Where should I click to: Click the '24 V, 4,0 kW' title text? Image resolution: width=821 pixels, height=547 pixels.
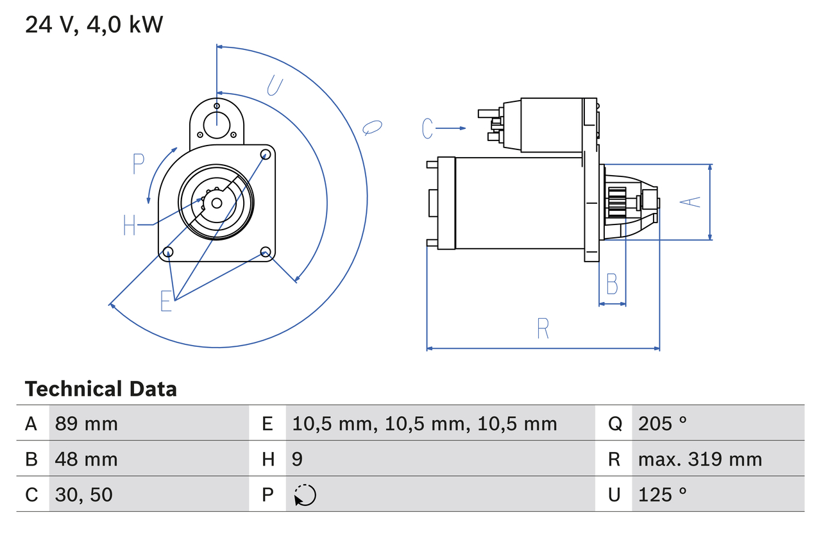(94, 25)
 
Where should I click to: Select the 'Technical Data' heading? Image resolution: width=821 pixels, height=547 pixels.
(101, 389)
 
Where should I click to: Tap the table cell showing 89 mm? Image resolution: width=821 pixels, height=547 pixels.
(86, 423)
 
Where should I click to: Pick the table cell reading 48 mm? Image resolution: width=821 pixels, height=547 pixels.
(86, 459)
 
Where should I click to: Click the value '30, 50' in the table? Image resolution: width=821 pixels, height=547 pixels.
(83, 494)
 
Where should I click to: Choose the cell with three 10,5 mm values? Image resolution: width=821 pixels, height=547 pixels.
(424, 423)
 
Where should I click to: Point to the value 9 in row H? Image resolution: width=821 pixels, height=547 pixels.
(298, 459)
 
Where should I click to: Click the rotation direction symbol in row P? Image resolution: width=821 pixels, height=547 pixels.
(305, 495)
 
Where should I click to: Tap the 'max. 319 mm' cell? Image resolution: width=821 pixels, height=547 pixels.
(700, 459)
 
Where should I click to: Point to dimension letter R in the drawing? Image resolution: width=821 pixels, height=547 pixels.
(543, 328)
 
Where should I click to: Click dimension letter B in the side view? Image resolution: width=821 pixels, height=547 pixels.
(612, 283)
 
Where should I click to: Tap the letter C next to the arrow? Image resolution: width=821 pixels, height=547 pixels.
(428, 128)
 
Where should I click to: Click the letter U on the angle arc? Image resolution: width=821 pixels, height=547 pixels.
(275, 85)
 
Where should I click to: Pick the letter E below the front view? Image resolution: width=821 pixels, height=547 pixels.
(166, 301)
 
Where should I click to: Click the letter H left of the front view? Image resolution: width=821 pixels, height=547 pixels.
(130, 225)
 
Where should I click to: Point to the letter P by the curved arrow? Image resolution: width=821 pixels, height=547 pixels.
(139, 164)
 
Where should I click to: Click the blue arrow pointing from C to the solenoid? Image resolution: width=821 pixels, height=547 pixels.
(452, 128)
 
